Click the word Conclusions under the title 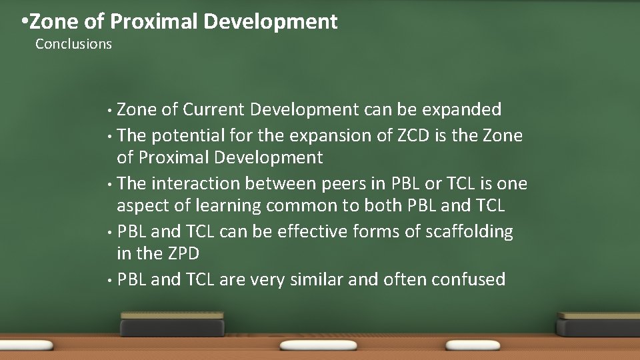(x=73, y=44)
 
